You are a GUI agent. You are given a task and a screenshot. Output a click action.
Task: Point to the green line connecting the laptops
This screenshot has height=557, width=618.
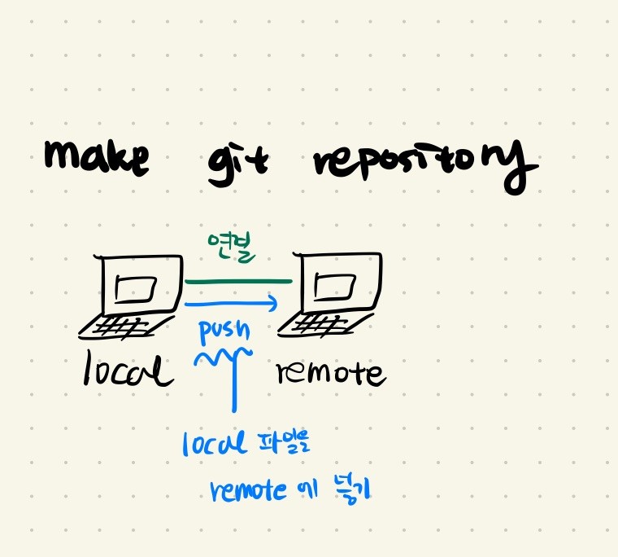click(237, 282)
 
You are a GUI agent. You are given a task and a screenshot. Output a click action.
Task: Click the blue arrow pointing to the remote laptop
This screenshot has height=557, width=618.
click(232, 304)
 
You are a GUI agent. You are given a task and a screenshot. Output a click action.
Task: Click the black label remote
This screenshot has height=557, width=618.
click(330, 374)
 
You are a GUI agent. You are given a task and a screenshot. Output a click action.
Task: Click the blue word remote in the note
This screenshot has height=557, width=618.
click(248, 490)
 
